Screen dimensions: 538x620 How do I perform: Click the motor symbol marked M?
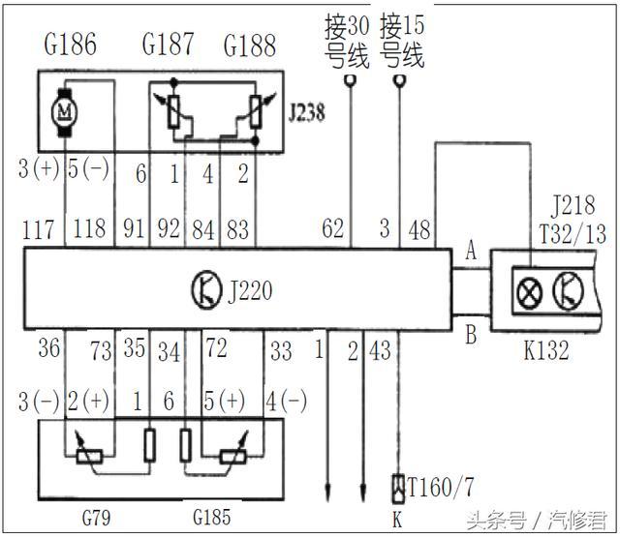65,111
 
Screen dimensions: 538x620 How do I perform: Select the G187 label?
168,45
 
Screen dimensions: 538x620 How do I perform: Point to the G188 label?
249,45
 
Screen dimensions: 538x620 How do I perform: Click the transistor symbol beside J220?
205,287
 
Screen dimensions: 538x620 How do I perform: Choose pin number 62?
333,230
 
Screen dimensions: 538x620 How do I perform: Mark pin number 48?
419,230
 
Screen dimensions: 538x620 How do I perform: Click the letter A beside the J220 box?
472,252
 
